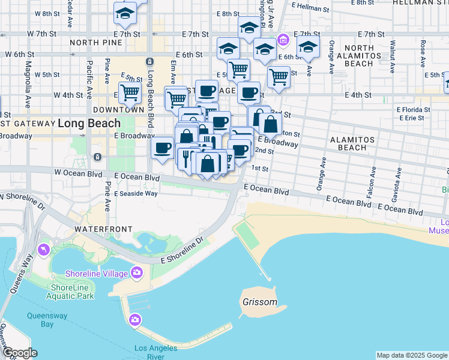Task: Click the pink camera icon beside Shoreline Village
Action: tap(137, 274)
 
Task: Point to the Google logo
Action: tap(19, 353)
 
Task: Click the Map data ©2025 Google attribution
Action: tap(412, 355)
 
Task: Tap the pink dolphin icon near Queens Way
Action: tap(43, 250)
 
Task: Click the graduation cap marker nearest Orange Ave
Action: tap(308, 47)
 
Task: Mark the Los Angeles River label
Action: tap(155, 352)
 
